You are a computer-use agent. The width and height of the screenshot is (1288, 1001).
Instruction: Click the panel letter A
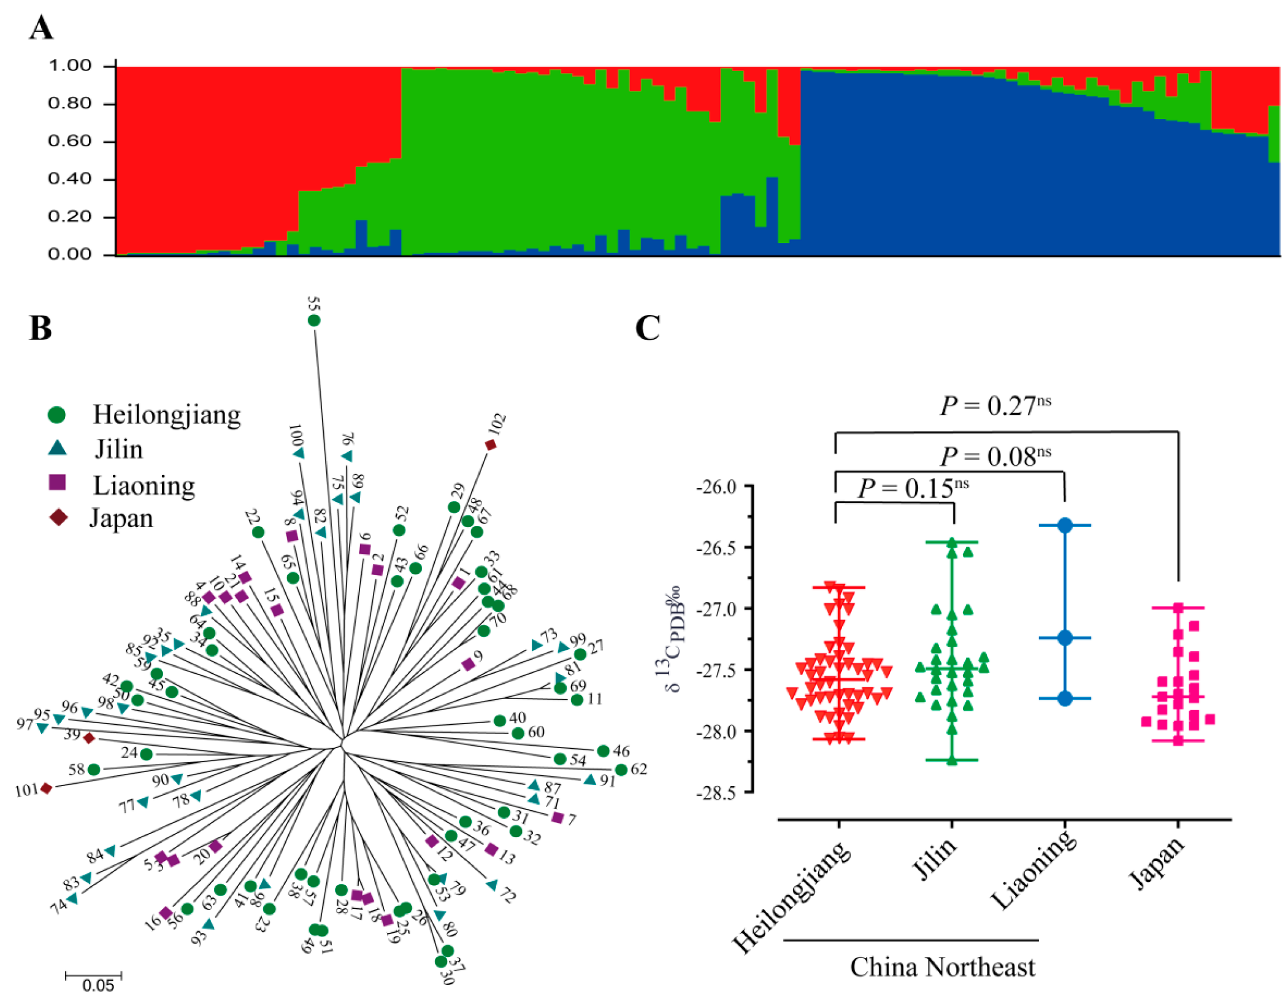[41, 28]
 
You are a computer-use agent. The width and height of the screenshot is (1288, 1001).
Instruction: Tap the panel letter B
[40, 328]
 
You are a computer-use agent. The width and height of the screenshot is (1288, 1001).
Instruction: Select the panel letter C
[647, 328]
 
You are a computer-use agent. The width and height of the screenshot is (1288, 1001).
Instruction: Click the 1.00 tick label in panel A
[70, 66]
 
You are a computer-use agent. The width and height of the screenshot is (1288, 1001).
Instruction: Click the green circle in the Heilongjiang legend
[56, 415]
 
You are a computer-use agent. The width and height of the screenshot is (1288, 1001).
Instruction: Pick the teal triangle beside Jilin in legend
[57, 449]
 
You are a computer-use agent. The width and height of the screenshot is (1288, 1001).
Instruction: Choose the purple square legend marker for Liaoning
[57, 482]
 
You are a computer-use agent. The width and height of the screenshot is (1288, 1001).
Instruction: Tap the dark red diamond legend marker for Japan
[58, 517]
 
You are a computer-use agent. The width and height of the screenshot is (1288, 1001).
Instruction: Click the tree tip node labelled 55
[314, 320]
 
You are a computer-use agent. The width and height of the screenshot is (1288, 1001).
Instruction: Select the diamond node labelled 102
[491, 445]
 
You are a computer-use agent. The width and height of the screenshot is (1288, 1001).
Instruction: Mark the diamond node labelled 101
[46, 788]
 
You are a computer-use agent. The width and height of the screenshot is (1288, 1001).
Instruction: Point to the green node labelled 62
[621, 770]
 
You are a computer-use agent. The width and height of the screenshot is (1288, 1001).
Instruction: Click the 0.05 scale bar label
[98, 986]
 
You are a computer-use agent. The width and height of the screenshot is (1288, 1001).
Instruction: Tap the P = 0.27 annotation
[995, 406]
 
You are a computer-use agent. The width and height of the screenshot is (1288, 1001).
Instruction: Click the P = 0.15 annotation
[913, 489]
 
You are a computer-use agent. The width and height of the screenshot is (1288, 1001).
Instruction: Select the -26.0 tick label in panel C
[716, 487]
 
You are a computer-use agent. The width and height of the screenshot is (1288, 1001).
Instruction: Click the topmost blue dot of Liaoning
[1065, 525]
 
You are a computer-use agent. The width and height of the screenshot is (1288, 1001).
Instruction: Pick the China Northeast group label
[942, 967]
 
